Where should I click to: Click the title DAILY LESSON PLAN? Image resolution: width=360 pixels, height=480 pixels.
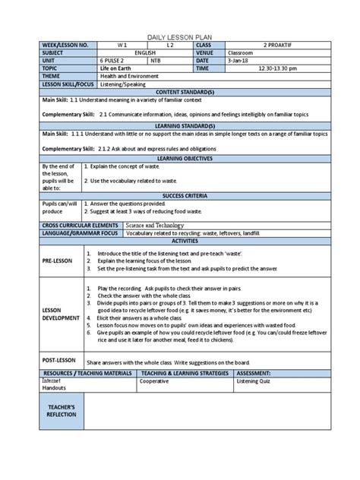coord(180,36)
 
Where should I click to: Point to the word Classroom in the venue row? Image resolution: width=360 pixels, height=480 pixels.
coord(242,53)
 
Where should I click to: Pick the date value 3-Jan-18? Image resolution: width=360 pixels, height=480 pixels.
coord(238,61)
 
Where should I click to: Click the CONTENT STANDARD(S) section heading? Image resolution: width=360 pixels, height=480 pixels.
coord(180,91)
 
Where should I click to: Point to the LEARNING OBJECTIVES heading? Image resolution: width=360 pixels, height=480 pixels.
coord(180,157)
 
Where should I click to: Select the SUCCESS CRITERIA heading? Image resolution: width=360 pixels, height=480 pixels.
coord(180,195)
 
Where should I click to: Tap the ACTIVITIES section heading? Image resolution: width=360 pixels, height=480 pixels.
coord(180,241)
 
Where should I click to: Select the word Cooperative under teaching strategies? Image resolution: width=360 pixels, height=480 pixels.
coord(154,381)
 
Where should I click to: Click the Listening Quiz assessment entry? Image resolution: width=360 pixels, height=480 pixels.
coord(257,381)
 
